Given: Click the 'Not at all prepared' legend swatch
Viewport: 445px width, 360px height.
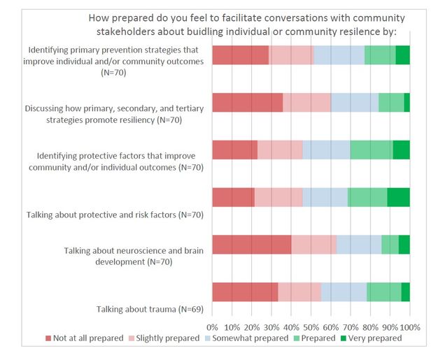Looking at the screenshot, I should (x=48, y=338).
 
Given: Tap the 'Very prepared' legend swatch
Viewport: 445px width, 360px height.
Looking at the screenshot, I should (x=344, y=338).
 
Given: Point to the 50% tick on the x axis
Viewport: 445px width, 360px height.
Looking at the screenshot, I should (x=311, y=326).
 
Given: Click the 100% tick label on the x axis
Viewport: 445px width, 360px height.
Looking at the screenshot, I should (x=409, y=326).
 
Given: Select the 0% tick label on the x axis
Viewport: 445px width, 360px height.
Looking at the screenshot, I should (x=212, y=326).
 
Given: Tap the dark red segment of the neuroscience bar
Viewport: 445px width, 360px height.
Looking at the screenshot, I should (x=251, y=245).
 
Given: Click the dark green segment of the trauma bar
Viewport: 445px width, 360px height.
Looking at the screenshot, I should (x=405, y=292).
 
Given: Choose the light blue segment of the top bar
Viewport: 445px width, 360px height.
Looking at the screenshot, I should (x=339, y=55).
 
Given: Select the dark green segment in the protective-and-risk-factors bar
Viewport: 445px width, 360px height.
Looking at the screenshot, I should (x=398, y=197).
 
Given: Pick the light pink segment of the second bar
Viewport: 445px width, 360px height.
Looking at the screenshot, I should (x=306, y=102).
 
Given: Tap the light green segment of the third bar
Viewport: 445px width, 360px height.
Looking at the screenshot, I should (x=371, y=150).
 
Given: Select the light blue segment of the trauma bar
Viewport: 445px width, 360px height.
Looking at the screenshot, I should (x=344, y=292).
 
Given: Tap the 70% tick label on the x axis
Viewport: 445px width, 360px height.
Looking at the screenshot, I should (x=351, y=326).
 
